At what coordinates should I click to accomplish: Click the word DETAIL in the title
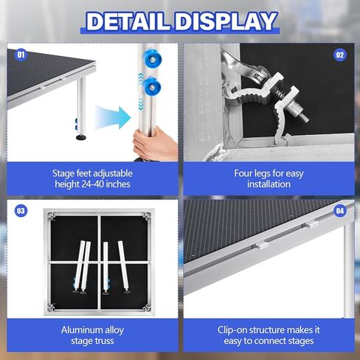[128, 21]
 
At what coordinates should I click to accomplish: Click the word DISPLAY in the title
[226, 21]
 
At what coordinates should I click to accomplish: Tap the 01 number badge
[21, 54]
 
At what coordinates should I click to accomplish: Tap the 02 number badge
[340, 55]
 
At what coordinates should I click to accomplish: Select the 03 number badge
[21, 211]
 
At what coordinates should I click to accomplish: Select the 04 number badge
[340, 211]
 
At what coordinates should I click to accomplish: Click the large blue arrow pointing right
[113, 117]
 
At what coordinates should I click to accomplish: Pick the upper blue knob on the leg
[150, 59]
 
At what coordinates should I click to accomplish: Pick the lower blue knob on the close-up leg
[152, 86]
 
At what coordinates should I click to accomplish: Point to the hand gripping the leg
[154, 145]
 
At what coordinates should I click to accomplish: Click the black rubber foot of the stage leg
[81, 136]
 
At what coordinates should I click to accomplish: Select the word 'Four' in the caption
[243, 173]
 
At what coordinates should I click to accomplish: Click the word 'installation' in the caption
[269, 184]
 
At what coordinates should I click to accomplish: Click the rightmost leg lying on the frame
[124, 267]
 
